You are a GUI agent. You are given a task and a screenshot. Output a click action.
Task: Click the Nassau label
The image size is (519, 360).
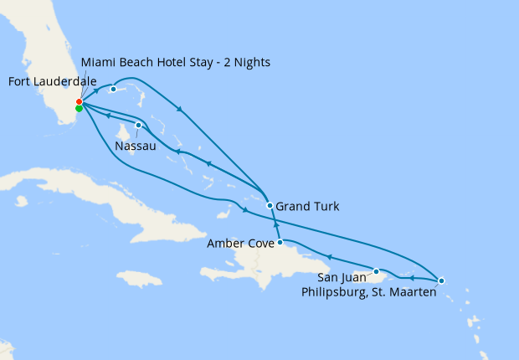point(135,146)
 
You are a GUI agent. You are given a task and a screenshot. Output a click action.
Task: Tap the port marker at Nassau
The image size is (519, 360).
point(138,126)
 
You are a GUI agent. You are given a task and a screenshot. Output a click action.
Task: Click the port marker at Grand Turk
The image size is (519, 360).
point(270,205)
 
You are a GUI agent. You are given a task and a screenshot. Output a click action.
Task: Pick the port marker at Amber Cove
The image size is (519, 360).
point(280,243)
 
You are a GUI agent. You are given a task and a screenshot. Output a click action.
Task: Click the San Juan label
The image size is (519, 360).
point(342,277)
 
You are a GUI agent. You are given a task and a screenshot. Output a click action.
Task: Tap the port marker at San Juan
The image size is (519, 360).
point(377,271)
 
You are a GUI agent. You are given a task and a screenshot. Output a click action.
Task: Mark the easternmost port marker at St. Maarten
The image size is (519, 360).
point(441,280)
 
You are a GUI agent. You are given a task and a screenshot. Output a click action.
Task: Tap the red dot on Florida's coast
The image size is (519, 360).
point(79,101)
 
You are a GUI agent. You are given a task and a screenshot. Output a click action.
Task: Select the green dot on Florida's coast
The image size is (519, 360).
point(79,108)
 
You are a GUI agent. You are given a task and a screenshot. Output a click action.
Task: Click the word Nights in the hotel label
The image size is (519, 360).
point(249,63)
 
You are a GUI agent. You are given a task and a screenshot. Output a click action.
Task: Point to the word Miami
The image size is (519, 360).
point(99,63)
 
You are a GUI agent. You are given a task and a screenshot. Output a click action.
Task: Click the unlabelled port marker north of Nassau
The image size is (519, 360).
point(113,89)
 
